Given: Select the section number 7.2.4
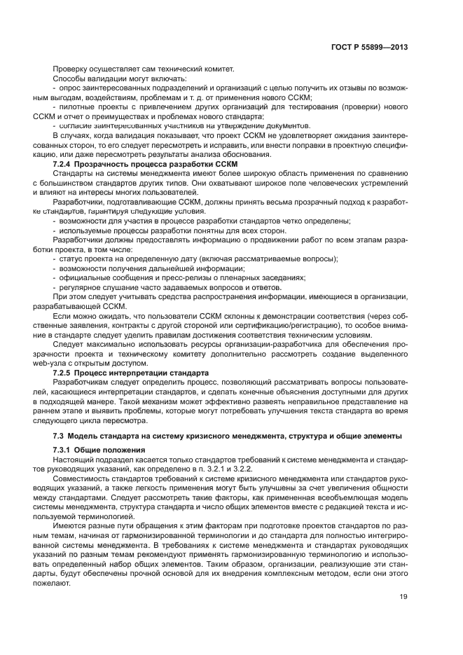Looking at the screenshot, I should [x=64, y=163].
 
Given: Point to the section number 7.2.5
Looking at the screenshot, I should [x=64, y=373].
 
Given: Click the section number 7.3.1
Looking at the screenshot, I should [x=64, y=449].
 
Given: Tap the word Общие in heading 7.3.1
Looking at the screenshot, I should [x=93, y=449].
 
